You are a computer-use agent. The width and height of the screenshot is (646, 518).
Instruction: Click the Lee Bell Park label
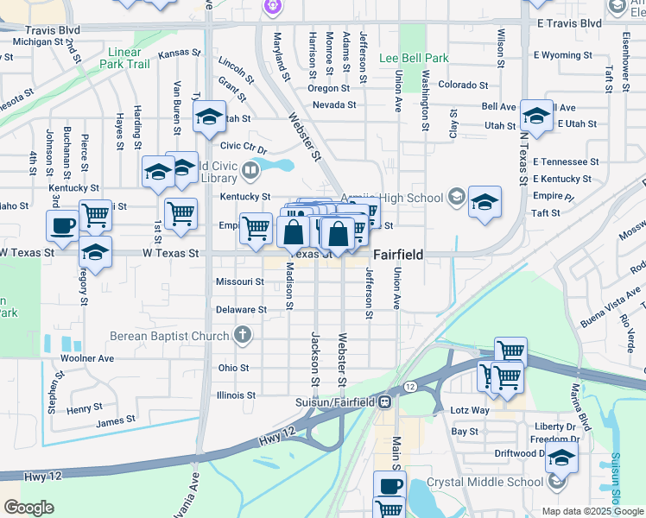tap(414, 58)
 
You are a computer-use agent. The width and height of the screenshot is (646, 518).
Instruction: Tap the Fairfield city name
tap(397, 256)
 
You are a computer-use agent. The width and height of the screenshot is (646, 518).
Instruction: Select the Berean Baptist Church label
tap(169, 335)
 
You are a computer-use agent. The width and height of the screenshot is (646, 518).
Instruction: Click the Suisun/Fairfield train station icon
tap(385, 401)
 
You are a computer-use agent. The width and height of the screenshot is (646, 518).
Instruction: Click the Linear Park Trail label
tap(124, 58)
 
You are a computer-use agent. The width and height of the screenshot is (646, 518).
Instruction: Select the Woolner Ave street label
tap(87, 358)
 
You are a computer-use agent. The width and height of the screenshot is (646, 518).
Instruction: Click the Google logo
tap(28, 508)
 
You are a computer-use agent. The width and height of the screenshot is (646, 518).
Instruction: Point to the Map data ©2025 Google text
tap(592, 511)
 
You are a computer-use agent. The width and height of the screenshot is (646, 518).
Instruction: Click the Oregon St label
tap(328, 88)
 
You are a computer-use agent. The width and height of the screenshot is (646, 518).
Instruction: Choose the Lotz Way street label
tap(470, 411)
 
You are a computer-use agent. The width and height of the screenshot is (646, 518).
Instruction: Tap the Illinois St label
tap(237, 395)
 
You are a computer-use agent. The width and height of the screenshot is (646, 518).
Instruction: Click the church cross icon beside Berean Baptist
tap(244, 335)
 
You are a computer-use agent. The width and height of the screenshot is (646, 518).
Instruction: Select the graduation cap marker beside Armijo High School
tap(484, 202)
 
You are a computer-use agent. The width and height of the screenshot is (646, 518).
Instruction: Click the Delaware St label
tap(240, 309)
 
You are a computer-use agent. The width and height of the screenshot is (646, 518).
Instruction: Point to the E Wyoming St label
tap(562, 55)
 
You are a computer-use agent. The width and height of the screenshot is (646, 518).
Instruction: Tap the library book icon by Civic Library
tap(250, 170)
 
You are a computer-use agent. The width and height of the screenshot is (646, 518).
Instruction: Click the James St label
tap(116, 420)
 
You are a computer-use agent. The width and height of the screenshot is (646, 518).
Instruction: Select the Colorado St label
tap(458, 85)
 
